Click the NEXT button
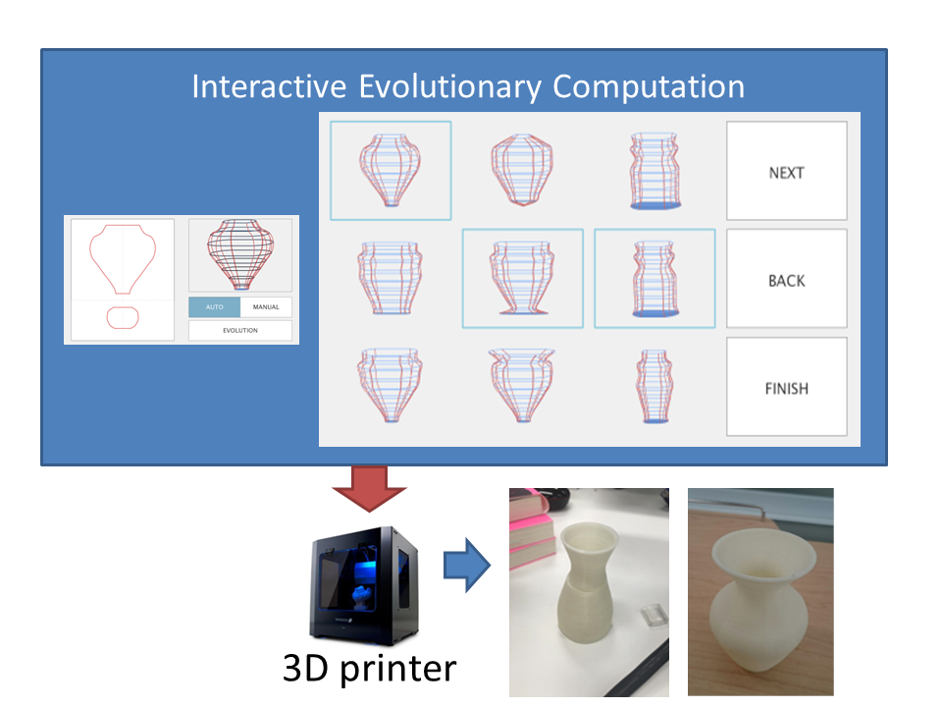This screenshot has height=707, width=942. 786,171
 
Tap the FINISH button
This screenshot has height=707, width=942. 786,387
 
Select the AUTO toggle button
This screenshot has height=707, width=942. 215,307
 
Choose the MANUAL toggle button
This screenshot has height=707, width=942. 266,307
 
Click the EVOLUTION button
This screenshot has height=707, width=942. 240,331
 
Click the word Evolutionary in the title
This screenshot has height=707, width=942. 450,86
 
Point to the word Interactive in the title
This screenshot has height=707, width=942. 269,86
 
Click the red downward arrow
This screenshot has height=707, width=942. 369,488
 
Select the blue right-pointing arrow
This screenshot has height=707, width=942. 467,566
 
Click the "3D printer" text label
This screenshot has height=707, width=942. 370,668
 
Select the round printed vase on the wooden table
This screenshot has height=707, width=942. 763,600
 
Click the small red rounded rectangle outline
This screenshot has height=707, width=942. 123,317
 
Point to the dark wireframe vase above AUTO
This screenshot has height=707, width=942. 240,253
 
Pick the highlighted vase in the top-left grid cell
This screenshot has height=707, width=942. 391,170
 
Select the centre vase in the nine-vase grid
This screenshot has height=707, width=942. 522,278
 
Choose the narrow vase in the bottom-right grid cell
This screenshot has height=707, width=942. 654,387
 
